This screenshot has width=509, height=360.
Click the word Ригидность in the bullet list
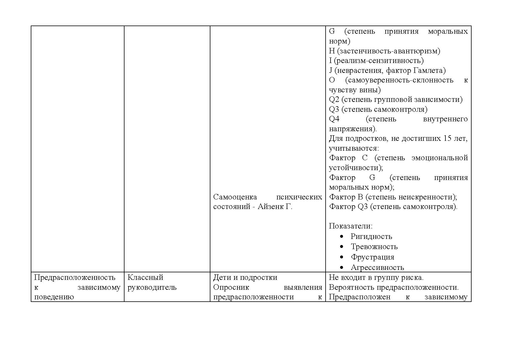pos(371,237)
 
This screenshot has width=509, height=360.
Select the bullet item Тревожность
pos(374,247)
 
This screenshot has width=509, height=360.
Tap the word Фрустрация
pos(372,257)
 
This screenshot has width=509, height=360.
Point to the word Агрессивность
pos(377,267)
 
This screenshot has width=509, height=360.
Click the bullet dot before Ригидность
pos(342,237)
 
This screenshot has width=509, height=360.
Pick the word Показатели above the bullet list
pos(351,226)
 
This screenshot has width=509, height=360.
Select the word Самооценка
pos(235,197)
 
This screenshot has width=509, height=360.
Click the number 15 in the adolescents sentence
pos(447,138)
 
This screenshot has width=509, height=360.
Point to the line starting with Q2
pos(396,100)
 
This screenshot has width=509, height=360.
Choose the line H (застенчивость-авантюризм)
pos(385,51)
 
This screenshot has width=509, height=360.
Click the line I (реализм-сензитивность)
pos(376,61)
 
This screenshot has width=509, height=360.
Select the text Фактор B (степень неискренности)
pos(393,197)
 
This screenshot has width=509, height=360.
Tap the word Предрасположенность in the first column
pos(75,278)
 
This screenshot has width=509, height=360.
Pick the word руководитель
pos(152,287)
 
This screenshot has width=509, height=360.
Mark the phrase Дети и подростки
pos(245,278)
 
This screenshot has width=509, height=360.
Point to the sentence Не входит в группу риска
pos(376,278)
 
